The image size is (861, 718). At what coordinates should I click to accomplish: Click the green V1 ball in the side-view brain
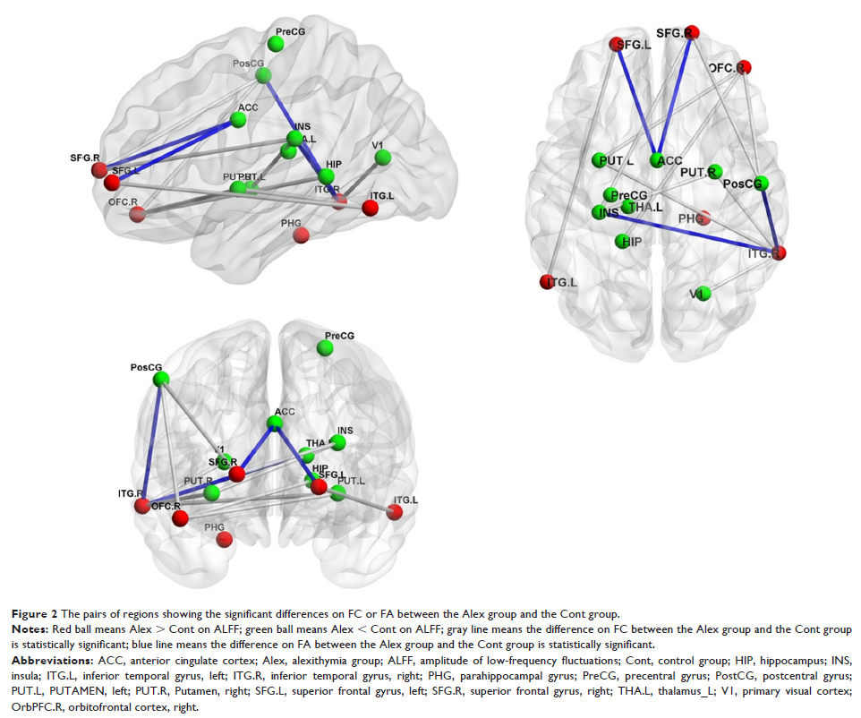pos(383,158)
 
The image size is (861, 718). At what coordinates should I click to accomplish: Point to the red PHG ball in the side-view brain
pos(302,235)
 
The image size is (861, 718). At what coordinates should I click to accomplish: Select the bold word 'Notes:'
pos(30,630)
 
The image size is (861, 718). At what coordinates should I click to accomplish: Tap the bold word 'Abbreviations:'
pos(49,660)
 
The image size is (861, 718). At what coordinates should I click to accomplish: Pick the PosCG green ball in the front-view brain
pos(161,380)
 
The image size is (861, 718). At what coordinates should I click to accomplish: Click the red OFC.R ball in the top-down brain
pos(745,67)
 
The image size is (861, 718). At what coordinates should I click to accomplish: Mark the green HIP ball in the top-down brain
pos(623,240)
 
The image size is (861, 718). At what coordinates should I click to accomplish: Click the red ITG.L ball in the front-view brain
pos(395,511)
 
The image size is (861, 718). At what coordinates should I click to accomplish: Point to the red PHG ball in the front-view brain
pos(225,539)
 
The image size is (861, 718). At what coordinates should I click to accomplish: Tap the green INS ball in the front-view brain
pos(337,442)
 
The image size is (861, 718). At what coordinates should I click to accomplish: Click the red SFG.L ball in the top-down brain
pos(616,45)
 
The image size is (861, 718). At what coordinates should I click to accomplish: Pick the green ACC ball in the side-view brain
pos(239,119)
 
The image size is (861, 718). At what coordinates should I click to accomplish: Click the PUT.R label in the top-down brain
pos(698,172)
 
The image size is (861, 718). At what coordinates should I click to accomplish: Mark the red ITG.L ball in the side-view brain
pos(371,208)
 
